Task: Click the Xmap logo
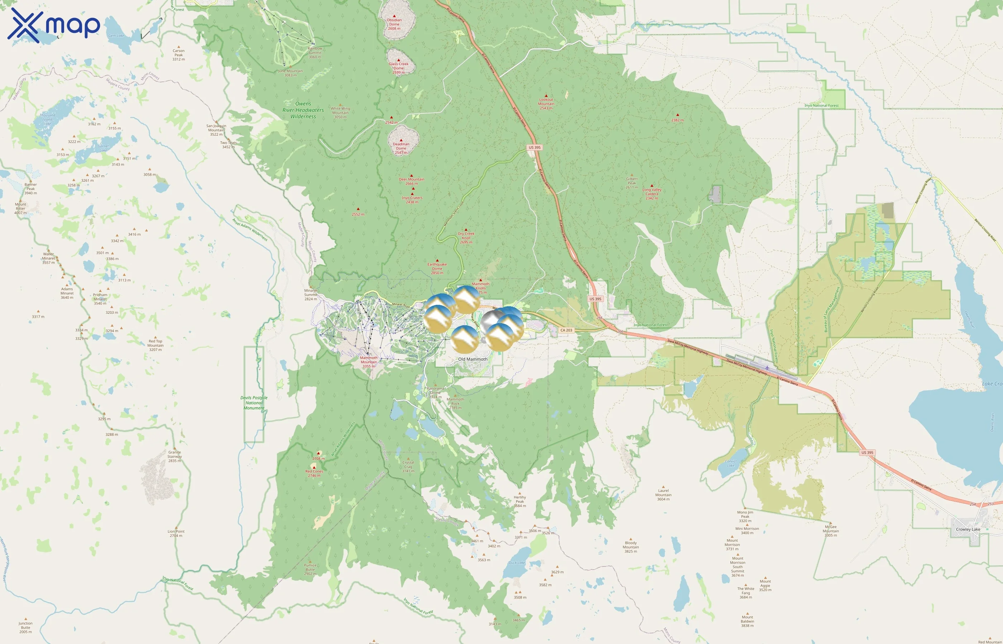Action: [x=54, y=25]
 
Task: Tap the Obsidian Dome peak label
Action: [x=394, y=24]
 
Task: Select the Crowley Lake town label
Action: [x=968, y=529]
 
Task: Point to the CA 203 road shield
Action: [x=566, y=330]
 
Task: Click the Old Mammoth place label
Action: [x=472, y=359]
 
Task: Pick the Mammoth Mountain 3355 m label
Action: [x=369, y=362]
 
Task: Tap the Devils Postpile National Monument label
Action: [x=254, y=403]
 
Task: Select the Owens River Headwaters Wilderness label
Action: [x=303, y=110]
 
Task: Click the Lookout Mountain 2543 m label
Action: [x=546, y=104]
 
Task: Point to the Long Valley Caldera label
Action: [x=652, y=194]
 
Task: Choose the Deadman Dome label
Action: [x=401, y=148]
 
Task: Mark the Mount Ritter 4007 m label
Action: [x=20, y=208]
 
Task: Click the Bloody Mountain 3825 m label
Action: [x=630, y=547]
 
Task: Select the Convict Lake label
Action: [x=730, y=463]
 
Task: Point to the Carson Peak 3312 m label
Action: [x=178, y=55]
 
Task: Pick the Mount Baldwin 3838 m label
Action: [x=747, y=621]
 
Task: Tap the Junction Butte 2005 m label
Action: [x=25, y=627]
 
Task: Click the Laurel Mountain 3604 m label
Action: [x=663, y=495]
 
